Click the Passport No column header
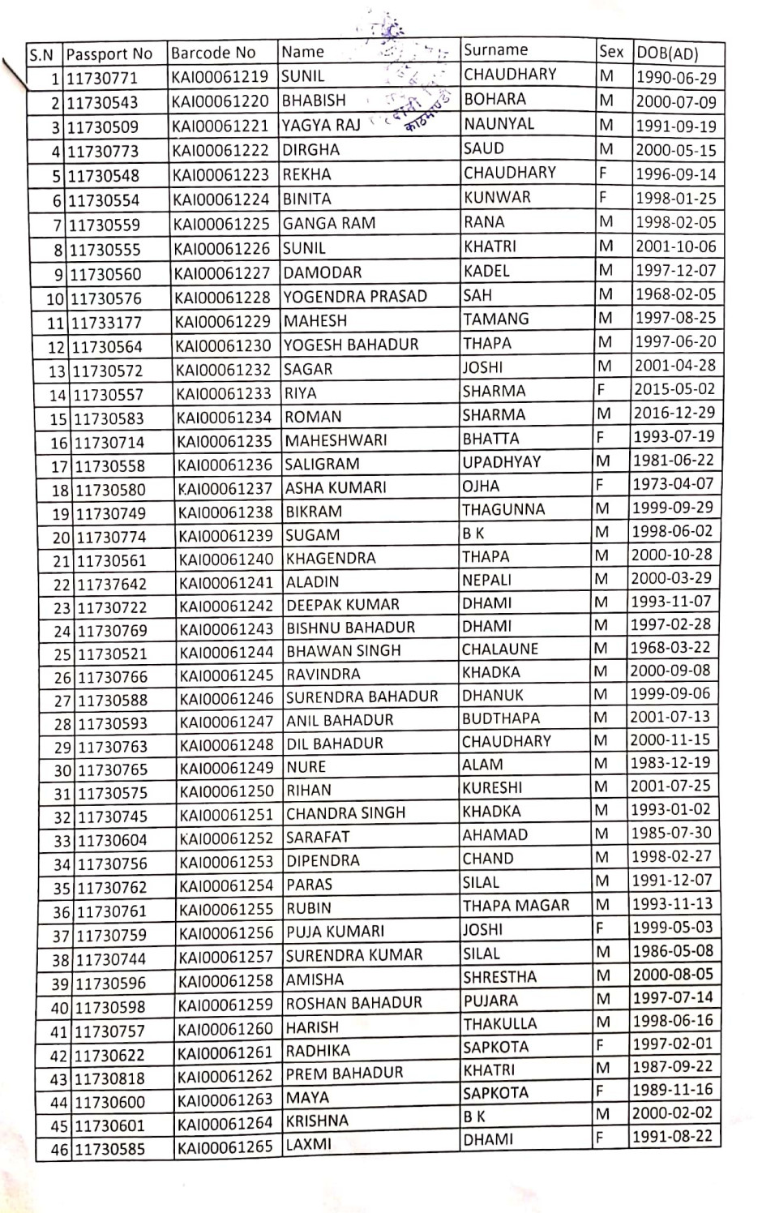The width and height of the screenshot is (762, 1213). pos(109,54)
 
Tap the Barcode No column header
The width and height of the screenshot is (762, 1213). pos(213,54)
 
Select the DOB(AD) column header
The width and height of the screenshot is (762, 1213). pos(667,54)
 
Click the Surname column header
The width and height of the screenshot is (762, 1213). pos(495,49)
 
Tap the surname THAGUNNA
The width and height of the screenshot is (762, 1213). pos(503,509)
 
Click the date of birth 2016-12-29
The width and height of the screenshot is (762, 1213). pos(674,413)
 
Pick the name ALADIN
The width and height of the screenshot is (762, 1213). pos(312,581)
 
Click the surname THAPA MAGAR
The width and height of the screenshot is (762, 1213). pos(516,906)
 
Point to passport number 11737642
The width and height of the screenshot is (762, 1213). pos(111,585)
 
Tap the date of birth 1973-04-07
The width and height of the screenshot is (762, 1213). pos(674,484)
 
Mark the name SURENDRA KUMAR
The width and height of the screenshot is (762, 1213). pos(354,955)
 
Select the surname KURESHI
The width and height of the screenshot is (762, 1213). pos(492,787)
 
